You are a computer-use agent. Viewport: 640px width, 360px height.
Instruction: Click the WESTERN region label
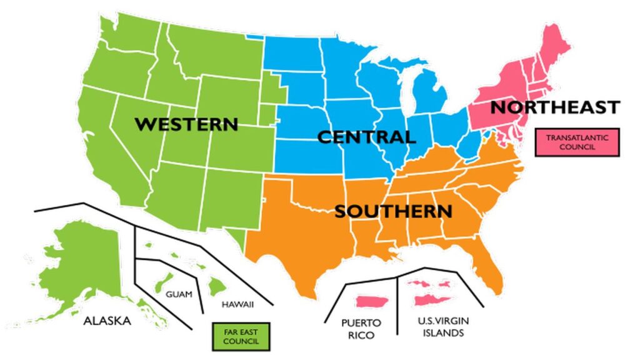187,124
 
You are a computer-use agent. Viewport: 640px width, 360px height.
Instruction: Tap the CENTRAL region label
366,137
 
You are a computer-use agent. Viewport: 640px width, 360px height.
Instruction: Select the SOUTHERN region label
394,211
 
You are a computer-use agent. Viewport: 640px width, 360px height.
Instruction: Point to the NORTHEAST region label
555,107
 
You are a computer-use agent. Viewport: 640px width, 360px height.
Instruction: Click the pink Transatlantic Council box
577,142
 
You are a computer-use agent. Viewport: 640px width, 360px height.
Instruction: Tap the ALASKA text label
107,321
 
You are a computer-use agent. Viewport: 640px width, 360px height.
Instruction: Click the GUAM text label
179,294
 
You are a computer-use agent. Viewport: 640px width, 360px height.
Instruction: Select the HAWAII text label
237,304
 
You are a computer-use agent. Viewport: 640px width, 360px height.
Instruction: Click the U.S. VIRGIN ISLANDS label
443,327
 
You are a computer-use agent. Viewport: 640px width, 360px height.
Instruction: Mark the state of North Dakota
292,53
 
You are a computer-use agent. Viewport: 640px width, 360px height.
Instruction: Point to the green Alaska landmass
81,262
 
